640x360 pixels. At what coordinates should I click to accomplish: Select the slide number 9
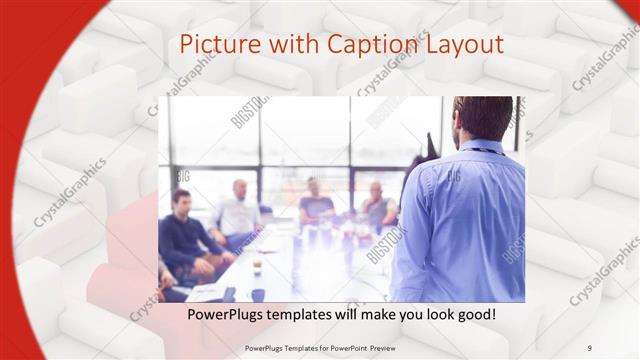pos(590,347)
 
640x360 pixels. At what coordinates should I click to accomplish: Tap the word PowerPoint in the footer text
pos(356,347)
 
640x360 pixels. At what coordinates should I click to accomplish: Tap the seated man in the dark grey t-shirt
pos(315,205)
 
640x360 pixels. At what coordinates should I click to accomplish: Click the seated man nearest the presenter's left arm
pos(377,207)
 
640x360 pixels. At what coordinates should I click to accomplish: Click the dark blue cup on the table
pos(258,294)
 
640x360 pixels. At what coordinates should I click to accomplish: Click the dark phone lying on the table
pos(229,294)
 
